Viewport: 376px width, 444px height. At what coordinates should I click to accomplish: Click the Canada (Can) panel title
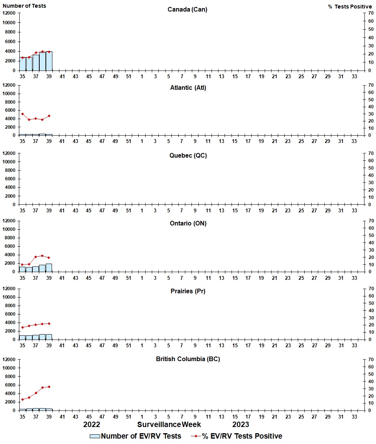point(187,9)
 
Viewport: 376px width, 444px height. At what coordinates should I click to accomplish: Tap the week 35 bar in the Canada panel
point(22,64)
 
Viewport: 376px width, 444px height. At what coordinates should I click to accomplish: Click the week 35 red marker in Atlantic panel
point(22,114)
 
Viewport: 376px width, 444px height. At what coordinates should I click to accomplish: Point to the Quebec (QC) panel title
point(188,155)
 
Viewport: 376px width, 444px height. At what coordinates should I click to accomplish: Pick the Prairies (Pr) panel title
point(188,291)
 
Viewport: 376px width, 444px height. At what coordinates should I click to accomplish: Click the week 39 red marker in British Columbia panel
point(49,387)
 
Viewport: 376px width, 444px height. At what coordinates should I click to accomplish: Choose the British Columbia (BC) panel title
point(188,359)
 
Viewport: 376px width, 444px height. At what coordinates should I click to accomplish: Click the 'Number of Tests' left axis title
point(24,6)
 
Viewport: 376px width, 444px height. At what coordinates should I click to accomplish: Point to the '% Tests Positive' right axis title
point(350,7)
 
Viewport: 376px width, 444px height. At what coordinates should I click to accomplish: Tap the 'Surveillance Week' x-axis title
point(169,424)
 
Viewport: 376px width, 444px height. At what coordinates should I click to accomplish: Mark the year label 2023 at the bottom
point(240,424)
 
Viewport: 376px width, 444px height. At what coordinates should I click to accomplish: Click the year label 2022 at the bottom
point(92,424)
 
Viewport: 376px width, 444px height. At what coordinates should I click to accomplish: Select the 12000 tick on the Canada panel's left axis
point(9,13)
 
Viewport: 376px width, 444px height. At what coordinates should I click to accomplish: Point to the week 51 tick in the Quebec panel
point(128,210)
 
